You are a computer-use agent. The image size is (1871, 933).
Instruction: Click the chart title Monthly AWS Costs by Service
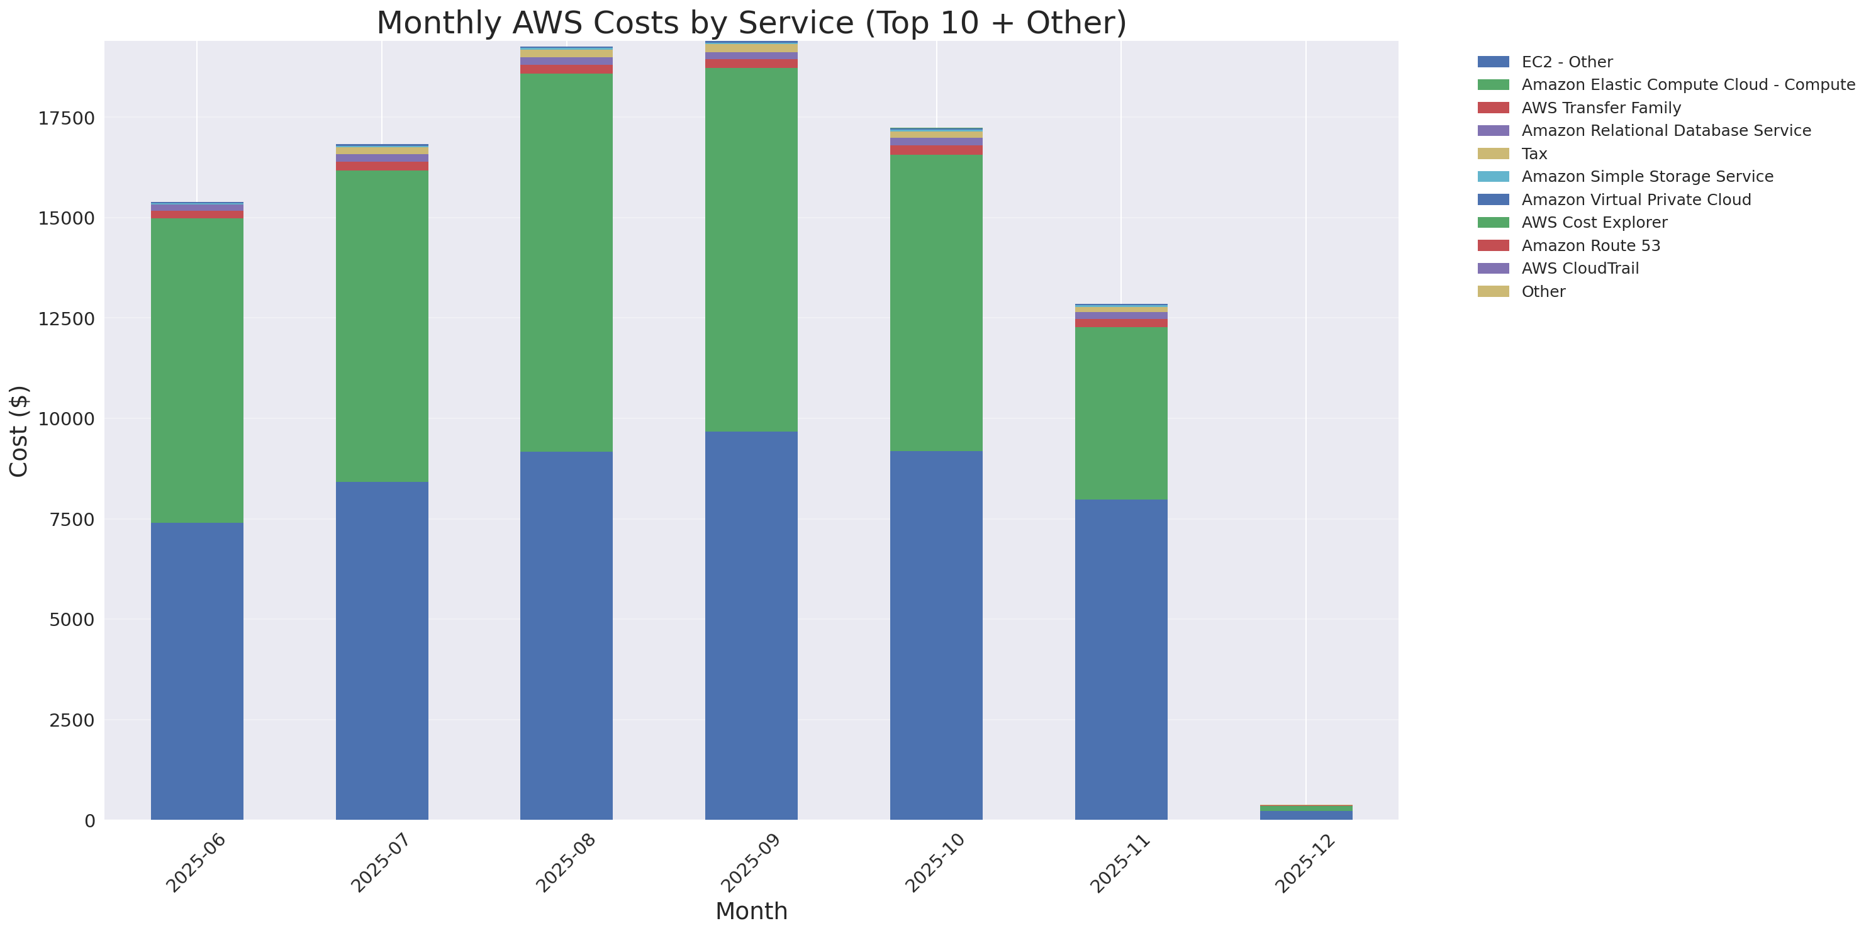click(x=751, y=23)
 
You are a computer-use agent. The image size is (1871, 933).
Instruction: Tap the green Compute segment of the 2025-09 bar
click(x=751, y=250)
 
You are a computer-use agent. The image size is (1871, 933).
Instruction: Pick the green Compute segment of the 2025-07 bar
click(x=381, y=326)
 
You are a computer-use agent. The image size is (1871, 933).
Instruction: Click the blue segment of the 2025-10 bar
click(x=935, y=635)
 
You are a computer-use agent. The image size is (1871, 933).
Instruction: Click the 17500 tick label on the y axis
click(x=66, y=118)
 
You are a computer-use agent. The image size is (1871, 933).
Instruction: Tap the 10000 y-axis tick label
click(x=66, y=420)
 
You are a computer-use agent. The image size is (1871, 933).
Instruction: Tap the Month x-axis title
click(x=751, y=910)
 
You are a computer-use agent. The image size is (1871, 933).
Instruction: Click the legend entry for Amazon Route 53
click(x=1590, y=245)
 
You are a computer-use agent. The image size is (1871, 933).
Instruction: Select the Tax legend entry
click(x=1533, y=154)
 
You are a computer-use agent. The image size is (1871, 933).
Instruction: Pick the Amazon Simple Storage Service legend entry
click(x=1646, y=176)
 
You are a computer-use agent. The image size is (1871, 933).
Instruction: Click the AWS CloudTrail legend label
click(x=1580, y=269)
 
